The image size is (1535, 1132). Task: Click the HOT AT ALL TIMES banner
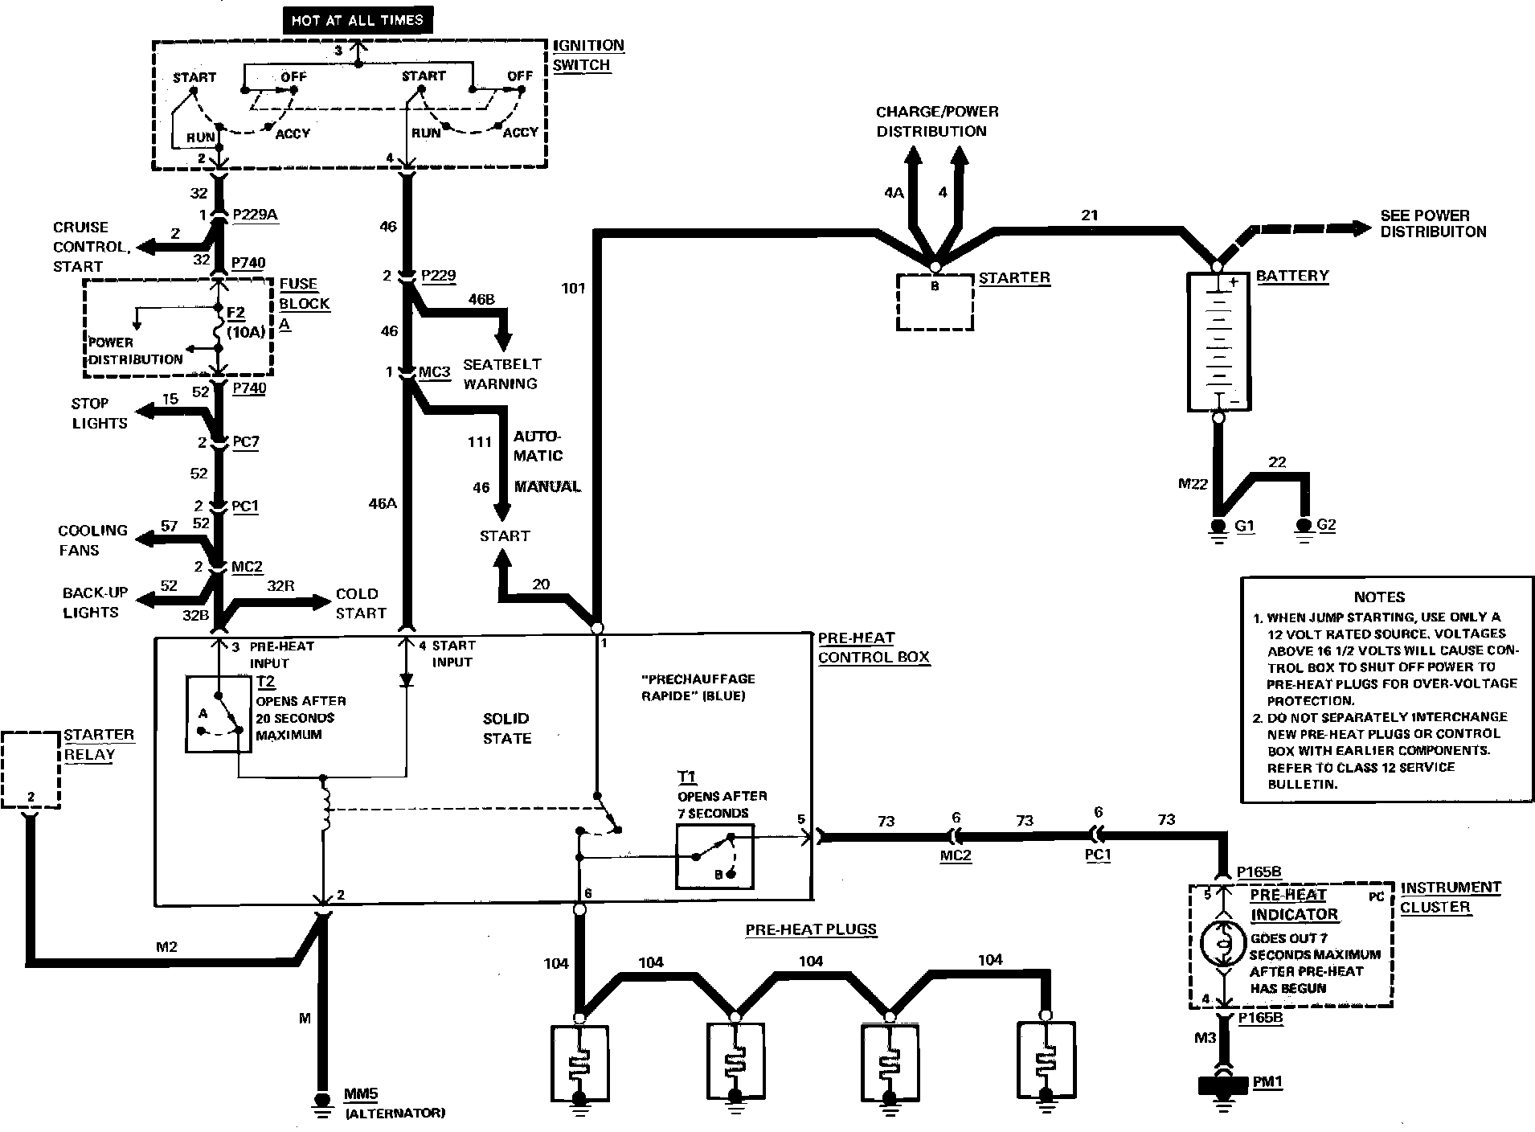click(x=357, y=20)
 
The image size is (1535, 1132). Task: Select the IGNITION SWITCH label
click(x=588, y=55)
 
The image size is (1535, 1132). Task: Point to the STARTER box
click(x=935, y=301)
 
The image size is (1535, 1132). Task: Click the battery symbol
click(x=1218, y=342)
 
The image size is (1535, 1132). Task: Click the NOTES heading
click(x=1379, y=597)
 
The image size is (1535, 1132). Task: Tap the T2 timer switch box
click(x=219, y=714)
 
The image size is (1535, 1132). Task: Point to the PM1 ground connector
click(x=1222, y=1085)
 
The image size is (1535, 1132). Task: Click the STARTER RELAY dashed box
click(x=31, y=769)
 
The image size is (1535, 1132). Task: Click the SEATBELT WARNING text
click(x=501, y=374)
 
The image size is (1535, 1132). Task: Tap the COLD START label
click(x=360, y=603)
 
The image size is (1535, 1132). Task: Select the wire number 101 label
click(x=573, y=288)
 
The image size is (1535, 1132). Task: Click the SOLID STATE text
click(x=507, y=728)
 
